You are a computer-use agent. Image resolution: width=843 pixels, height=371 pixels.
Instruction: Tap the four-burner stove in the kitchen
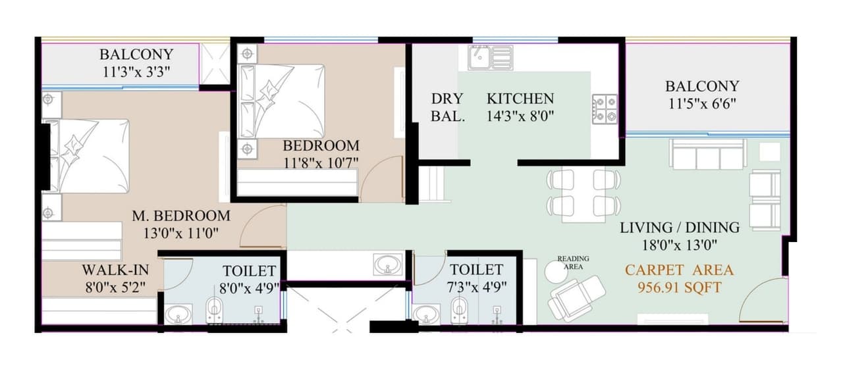pyautogui.click(x=605, y=109)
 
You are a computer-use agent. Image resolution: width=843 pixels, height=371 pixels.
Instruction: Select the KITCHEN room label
pyautogui.click(x=520, y=99)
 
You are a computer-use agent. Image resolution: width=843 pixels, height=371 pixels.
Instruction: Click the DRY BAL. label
pyautogui.click(x=448, y=108)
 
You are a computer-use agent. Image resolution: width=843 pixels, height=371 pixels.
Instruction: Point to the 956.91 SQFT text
pyautogui.click(x=679, y=287)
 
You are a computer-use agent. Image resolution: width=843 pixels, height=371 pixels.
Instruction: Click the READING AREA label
pyautogui.click(x=573, y=262)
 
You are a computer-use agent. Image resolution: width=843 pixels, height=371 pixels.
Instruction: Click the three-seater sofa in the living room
pyautogui.click(x=708, y=155)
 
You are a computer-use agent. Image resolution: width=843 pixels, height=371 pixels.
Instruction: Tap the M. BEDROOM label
pyautogui.click(x=181, y=216)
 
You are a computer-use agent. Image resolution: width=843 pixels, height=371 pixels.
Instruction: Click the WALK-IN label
pyautogui.click(x=115, y=270)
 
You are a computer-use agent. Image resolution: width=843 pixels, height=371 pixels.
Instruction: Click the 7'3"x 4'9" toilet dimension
pyautogui.click(x=476, y=286)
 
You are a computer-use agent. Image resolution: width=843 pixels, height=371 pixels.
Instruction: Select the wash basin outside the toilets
pyautogui.click(x=387, y=265)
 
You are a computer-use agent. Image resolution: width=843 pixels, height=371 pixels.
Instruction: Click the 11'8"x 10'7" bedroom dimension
pyautogui.click(x=321, y=162)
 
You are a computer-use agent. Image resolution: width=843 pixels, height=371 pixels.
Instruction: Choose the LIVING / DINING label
pyautogui.click(x=679, y=228)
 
